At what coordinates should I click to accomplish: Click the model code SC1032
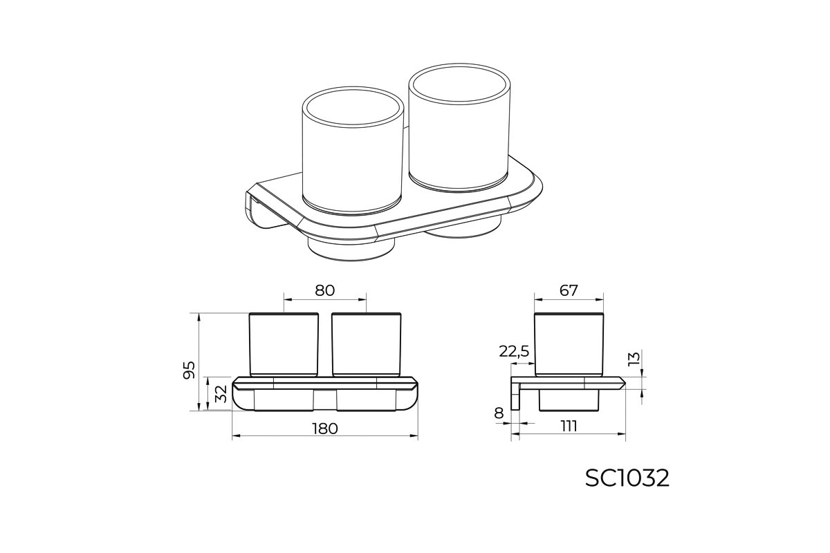pyautogui.click(x=627, y=478)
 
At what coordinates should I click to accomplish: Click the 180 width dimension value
pyautogui.click(x=325, y=429)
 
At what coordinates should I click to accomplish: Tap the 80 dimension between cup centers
pyautogui.click(x=325, y=291)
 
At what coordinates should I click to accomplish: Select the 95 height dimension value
pyautogui.click(x=189, y=370)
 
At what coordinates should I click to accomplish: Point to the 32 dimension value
pyautogui.click(x=221, y=394)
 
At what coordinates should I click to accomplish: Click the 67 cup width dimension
pyautogui.click(x=569, y=291)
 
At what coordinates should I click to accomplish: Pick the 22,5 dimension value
pyautogui.click(x=514, y=351)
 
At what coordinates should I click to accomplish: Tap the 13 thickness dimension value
pyautogui.click(x=634, y=359)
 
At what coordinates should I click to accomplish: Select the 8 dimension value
pyautogui.click(x=499, y=413)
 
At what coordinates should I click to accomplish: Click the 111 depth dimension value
pyautogui.click(x=569, y=427)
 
